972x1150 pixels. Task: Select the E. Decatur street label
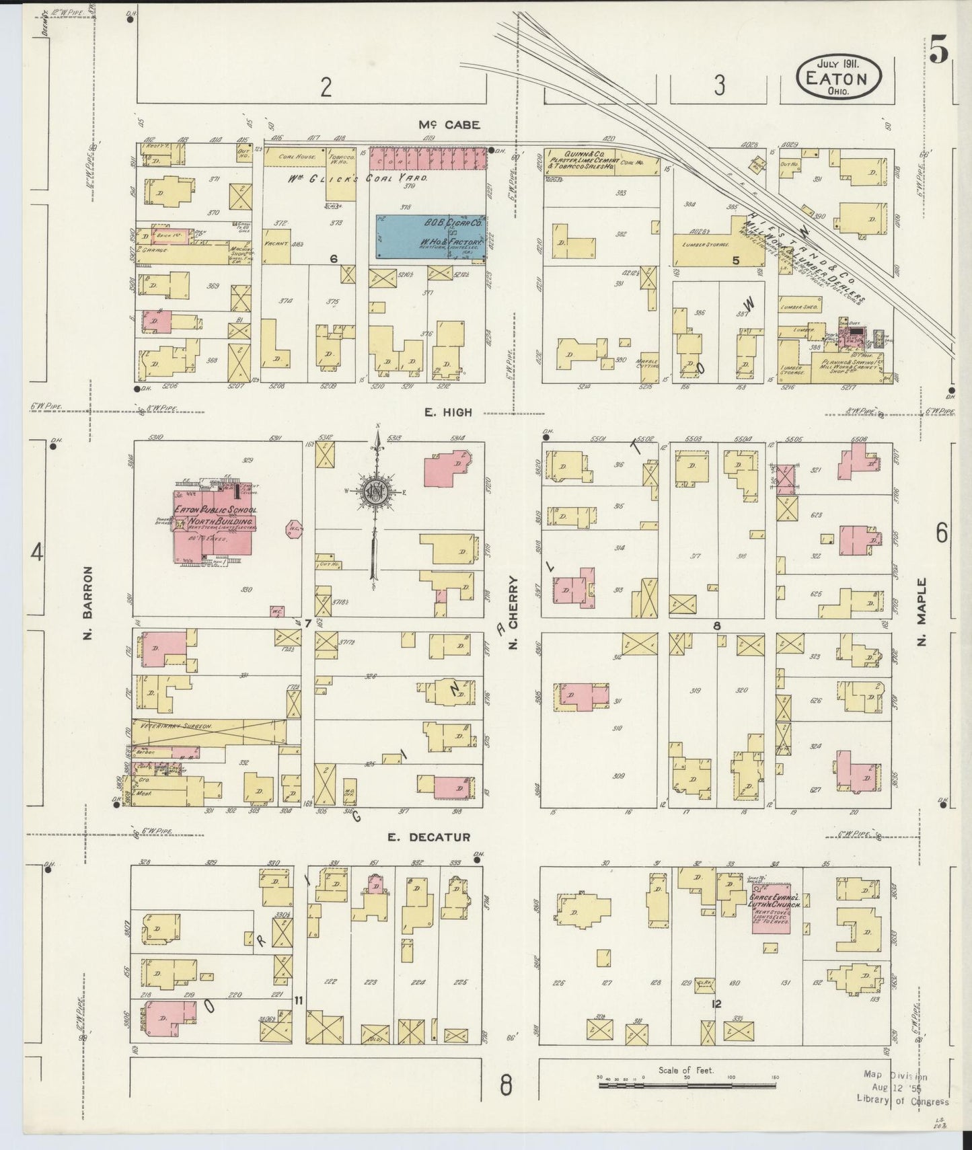point(428,837)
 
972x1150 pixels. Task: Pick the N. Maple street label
point(922,612)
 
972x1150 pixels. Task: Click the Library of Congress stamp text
point(903,1102)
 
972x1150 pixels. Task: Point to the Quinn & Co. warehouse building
point(591,162)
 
